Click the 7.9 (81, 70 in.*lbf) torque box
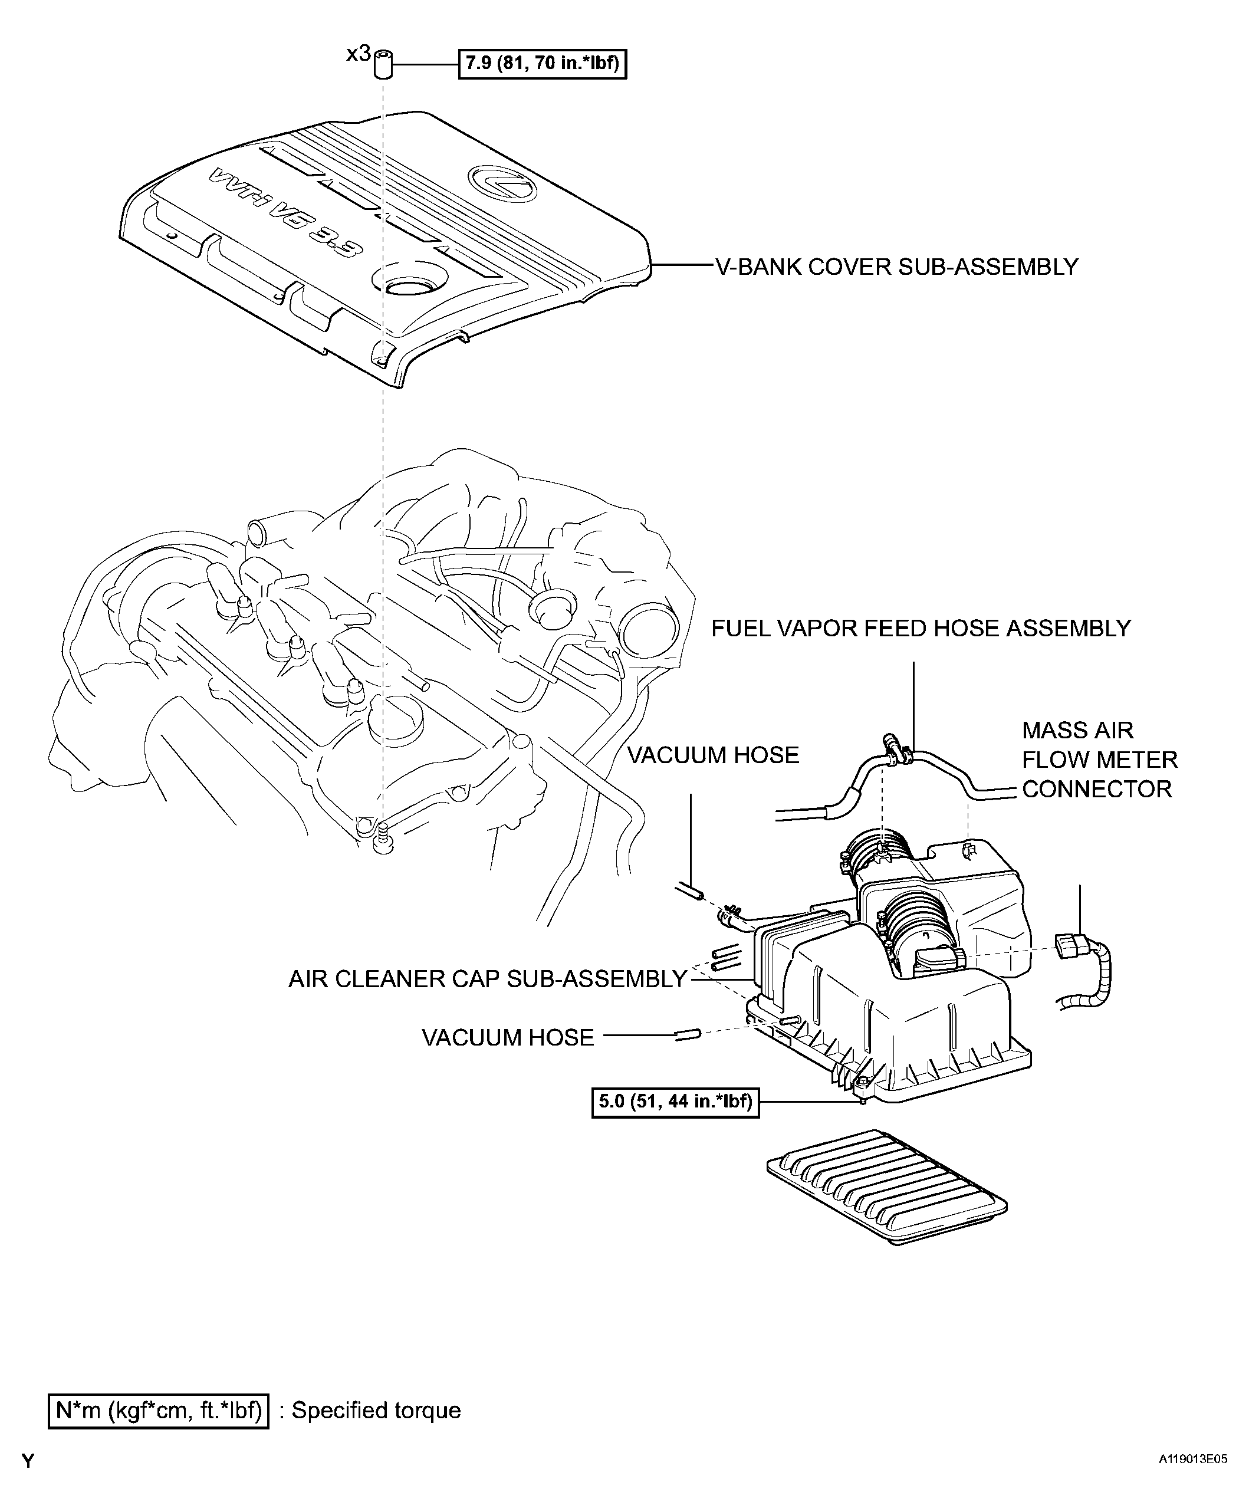pos(543,63)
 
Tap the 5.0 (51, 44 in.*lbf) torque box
pos(675,1101)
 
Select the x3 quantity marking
pos(359,53)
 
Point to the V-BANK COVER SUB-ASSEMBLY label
pos(896,267)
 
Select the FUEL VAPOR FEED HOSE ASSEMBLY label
pos(921,629)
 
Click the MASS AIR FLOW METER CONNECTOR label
pos(1099,760)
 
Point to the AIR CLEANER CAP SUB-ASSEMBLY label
pos(488,979)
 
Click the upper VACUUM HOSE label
pos(713,755)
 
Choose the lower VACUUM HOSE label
pos(508,1037)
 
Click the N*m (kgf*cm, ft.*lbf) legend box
pos(158,1410)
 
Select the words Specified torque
pos(376,1410)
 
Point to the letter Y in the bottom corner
pos(28,1461)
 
